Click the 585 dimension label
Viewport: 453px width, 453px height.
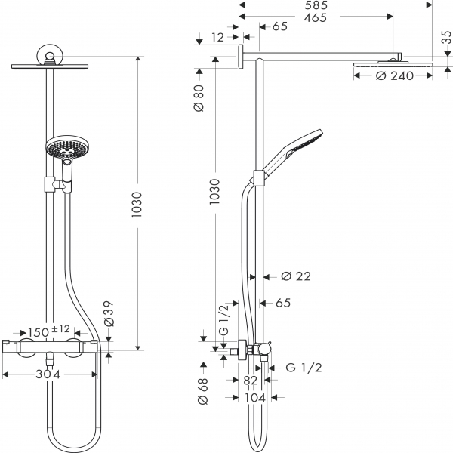point(316,5)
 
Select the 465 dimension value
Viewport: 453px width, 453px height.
point(316,17)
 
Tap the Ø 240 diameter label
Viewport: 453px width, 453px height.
point(395,76)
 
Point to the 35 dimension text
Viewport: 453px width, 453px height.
point(446,37)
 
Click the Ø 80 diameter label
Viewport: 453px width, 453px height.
point(199,98)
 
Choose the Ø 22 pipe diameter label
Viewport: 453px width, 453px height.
point(296,276)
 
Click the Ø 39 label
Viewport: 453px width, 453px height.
point(109,314)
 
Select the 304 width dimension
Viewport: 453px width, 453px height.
point(48,374)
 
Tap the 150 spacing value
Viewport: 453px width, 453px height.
point(39,332)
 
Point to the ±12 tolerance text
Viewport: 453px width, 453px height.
point(60,329)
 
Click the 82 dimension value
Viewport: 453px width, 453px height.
point(250,381)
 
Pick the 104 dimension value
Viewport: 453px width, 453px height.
point(255,398)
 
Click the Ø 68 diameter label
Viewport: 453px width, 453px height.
point(202,391)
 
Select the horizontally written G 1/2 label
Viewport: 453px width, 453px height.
point(304,368)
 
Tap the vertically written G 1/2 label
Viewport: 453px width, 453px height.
point(224,319)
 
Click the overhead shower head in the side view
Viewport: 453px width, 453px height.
point(393,64)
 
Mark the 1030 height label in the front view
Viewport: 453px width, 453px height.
point(137,205)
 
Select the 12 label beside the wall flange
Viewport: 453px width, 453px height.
point(217,38)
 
